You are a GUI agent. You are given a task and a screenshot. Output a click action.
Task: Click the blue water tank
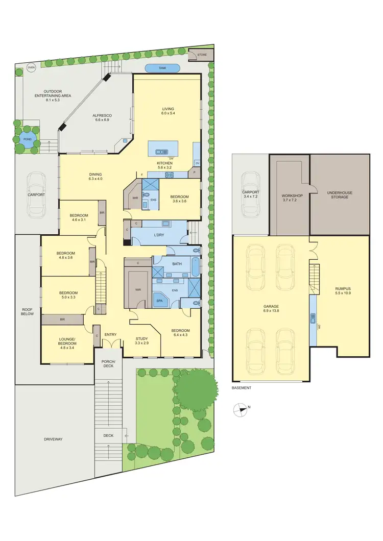click(x=162, y=68)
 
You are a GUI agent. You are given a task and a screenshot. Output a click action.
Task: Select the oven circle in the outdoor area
click(x=31, y=67)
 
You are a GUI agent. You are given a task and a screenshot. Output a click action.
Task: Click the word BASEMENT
click(x=242, y=388)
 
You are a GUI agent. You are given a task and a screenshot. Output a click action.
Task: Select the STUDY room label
click(x=141, y=338)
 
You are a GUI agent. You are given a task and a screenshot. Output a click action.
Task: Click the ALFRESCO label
click(x=102, y=116)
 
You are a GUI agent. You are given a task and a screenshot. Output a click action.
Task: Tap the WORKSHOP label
click(x=293, y=195)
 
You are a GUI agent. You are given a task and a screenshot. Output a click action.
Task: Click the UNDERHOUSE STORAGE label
click(x=340, y=194)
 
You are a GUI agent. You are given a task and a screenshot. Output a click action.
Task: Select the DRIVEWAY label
click(x=53, y=439)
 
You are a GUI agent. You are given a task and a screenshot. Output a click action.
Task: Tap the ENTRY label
click(x=110, y=335)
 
